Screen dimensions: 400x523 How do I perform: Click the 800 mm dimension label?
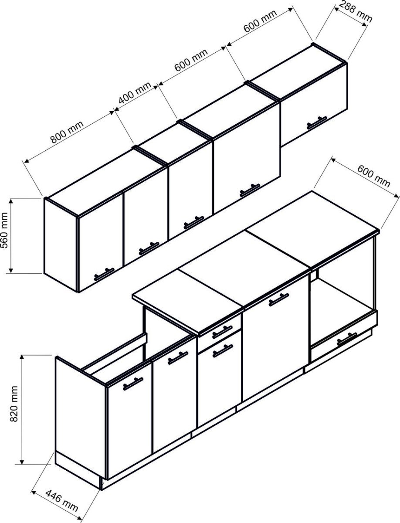click(x=67, y=132)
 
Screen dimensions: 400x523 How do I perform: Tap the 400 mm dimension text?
click(x=135, y=93)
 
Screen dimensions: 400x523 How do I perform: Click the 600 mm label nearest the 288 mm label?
click(x=260, y=21)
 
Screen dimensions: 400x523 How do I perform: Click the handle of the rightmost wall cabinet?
click(x=317, y=122)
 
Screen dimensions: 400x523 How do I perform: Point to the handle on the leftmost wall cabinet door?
click(x=104, y=274)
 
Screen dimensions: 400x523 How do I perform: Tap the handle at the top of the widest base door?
click(x=279, y=299)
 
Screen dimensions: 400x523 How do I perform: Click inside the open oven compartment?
click(x=343, y=300)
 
